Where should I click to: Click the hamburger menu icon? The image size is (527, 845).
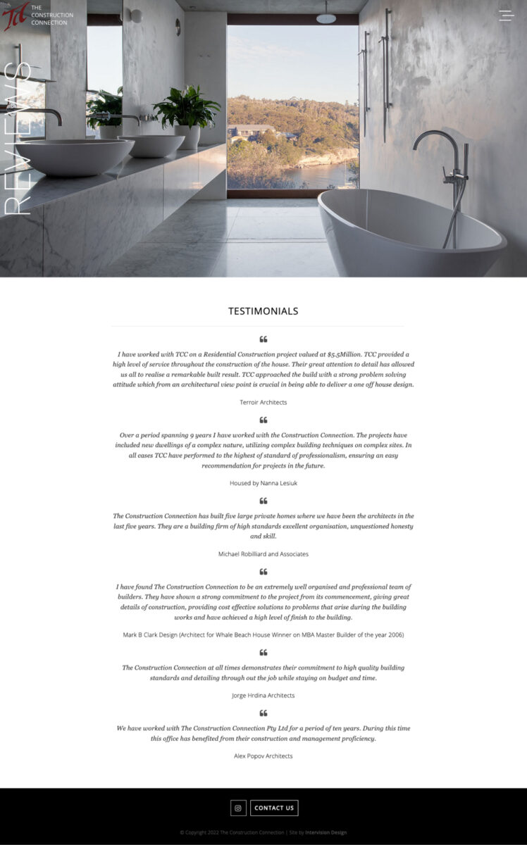[x=506, y=15]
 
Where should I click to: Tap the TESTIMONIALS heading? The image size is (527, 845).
[x=263, y=311]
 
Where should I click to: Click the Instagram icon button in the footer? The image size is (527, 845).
[x=238, y=808]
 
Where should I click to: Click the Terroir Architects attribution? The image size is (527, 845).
[x=263, y=402]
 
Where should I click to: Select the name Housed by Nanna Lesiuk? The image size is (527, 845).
[x=263, y=483]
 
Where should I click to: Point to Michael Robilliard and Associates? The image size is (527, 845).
[x=263, y=554]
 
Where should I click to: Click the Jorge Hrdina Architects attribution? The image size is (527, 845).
[x=263, y=696]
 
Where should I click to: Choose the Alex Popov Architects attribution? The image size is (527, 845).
[x=263, y=756]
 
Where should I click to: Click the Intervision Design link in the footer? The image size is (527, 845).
[x=325, y=832]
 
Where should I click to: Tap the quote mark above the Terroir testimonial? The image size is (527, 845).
[x=263, y=339]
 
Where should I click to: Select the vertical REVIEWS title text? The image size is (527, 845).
[x=18, y=138]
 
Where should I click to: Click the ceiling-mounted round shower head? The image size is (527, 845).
[x=325, y=18]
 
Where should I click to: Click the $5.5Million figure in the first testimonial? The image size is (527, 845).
[x=345, y=355]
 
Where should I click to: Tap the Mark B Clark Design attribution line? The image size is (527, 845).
[x=263, y=634]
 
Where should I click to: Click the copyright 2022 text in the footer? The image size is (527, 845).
[x=232, y=832]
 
